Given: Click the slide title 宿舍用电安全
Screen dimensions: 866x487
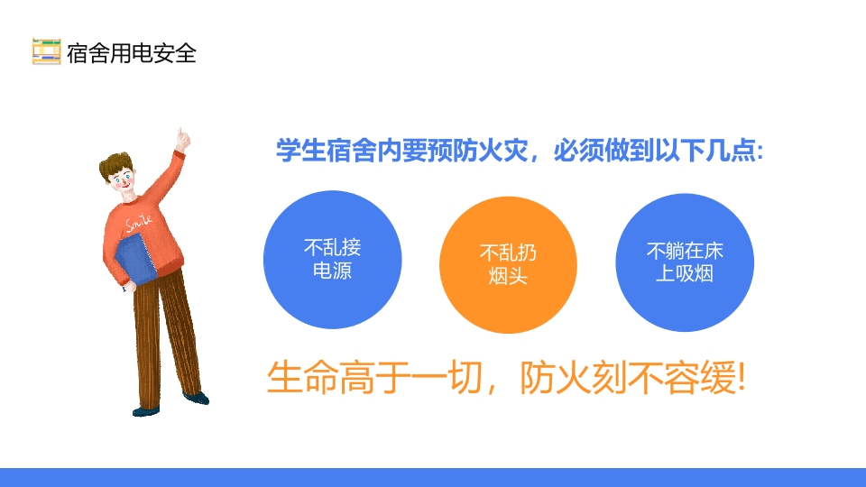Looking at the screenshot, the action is (x=132, y=53).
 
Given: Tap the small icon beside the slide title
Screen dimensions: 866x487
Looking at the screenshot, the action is (x=46, y=52).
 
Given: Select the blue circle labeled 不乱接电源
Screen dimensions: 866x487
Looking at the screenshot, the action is (x=333, y=260).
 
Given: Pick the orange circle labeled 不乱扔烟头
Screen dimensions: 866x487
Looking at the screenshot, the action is (x=508, y=265).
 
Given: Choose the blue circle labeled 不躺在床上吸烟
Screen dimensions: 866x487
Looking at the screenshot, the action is (x=685, y=262).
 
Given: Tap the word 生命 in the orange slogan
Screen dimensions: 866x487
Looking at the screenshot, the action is (x=302, y=378).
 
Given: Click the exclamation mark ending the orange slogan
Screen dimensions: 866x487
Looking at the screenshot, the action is (x=741, y=378).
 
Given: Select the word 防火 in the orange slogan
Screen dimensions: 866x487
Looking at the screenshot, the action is (x=555, y=378).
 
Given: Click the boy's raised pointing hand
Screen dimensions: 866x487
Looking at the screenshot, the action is (x=182, y=139).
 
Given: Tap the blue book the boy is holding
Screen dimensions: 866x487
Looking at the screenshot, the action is (x=136, y=260).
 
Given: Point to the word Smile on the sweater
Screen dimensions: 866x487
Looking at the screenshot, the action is (x=139, y=223).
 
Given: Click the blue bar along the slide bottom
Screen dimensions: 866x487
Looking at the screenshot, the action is (x=433, y=478).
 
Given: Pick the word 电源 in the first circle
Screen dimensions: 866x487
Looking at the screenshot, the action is (x=333, y=271).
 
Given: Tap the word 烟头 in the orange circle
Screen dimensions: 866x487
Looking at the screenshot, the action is (x=508, y=277).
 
